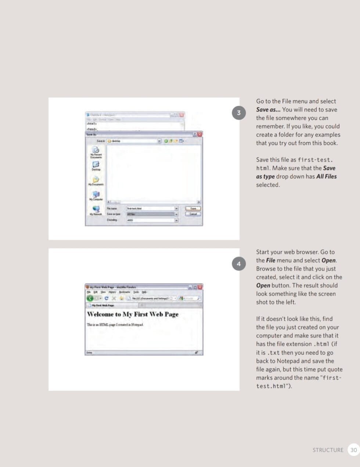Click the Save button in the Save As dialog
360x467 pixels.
coord(193,208)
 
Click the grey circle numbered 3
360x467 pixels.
coord(239,113)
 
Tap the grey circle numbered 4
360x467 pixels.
coord(239,264)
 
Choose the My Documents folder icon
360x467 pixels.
coord(96,180)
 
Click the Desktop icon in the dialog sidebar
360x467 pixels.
coord(96,165)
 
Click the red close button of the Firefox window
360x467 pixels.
coord(200,287)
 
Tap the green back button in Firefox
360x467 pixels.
coord(90,298)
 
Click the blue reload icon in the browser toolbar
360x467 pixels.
coord(107,298)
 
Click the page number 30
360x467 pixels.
coord(353,450)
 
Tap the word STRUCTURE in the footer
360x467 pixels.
coord(328,450)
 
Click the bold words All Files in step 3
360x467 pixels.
coord(326,177)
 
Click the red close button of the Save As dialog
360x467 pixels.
coord(200,135)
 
